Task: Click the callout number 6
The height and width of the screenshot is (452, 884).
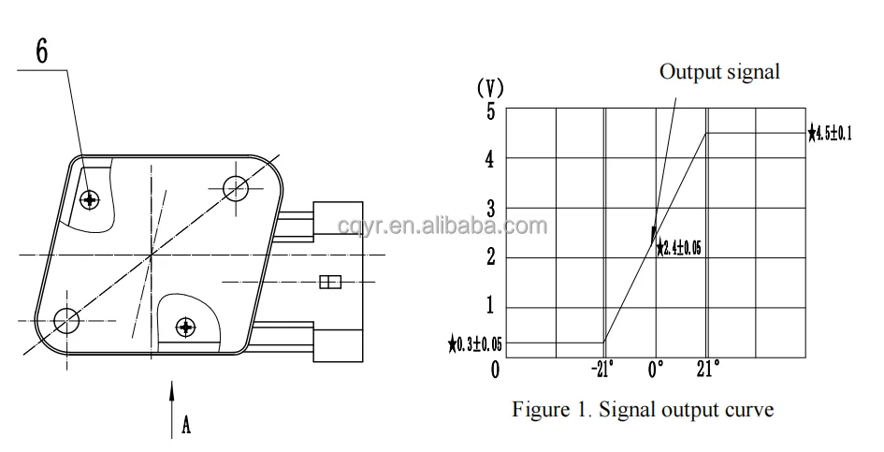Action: click(42, 51)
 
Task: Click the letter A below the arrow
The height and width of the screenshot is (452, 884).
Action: click(186, 426)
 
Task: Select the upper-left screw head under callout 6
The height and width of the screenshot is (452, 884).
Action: click(90, 198)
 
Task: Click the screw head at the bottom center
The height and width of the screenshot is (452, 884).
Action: click(186, 327)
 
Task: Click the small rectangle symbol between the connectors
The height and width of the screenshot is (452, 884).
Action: click(330, 281)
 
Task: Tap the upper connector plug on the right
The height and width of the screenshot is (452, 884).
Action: click(338, 218)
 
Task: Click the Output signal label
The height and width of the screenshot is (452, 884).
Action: click(719, 72)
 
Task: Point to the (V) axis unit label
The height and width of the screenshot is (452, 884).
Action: click(490, 89)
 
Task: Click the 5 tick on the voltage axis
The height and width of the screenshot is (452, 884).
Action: click(489, 110)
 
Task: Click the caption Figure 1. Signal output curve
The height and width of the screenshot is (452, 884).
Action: click(643, 409)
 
